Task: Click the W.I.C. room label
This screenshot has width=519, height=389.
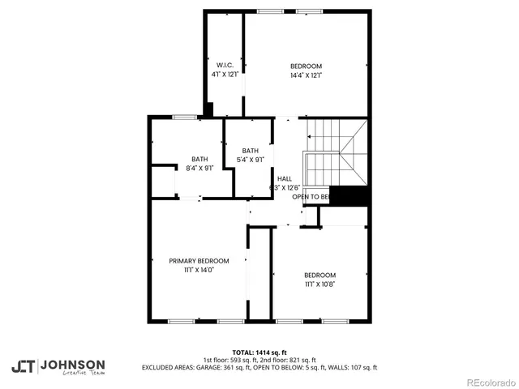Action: (225, 65)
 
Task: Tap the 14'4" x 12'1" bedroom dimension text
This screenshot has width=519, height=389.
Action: (307, 75)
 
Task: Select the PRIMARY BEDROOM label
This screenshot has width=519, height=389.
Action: (199, 261)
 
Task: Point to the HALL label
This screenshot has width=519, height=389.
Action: (285, 178)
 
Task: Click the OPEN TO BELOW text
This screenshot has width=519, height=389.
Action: (311, 197)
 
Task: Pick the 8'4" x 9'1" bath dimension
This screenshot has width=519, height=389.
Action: (199, 168)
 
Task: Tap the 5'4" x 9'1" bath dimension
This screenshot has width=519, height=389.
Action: (250, 160)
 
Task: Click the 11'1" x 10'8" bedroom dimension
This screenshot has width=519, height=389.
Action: (320, 284)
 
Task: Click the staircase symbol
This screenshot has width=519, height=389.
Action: (333, 154)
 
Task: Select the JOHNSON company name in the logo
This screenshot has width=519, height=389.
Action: (72, 364)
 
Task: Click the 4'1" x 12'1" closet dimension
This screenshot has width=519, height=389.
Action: (225, 74)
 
